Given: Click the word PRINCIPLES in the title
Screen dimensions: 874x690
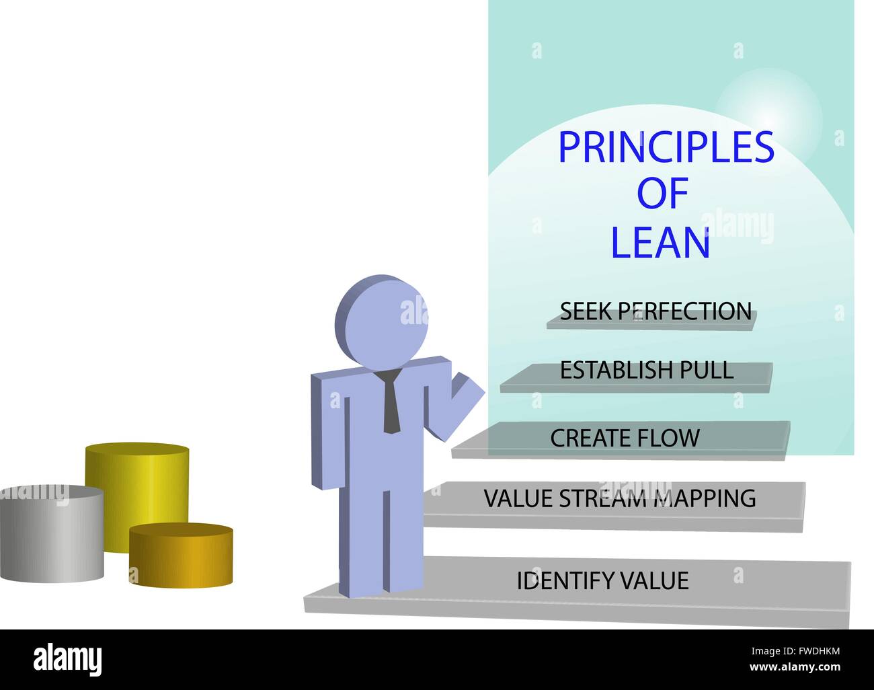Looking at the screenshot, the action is point(666,147).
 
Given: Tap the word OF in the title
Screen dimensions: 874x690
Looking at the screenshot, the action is point(662,193).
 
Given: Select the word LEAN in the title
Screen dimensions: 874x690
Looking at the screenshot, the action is point(661,243).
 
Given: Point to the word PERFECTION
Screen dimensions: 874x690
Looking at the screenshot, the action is point(685,311).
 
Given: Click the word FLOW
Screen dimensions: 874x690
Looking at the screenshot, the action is point(668,438).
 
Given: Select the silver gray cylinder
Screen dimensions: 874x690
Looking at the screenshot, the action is point(51,534).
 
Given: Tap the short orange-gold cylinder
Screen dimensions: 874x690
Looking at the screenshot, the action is point(181,555).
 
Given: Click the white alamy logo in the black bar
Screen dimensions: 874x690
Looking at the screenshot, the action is point(67,659).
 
